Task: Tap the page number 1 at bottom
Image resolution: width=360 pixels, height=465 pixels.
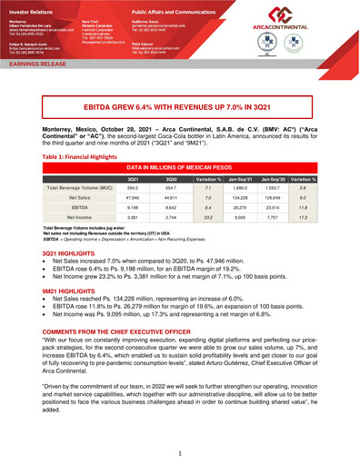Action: pos(180,452)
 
